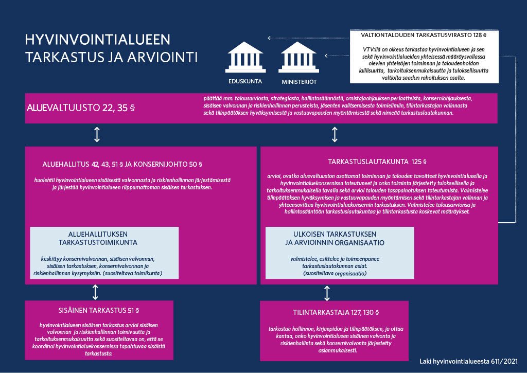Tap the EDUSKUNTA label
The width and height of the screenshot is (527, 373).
point(245,81)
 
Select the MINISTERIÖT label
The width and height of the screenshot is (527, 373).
point(298,82)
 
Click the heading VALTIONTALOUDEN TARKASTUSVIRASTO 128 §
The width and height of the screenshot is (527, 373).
point(424,37)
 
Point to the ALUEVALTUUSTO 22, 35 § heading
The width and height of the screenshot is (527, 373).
point(81,108)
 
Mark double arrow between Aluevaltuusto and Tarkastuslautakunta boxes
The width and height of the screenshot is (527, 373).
point(335,135)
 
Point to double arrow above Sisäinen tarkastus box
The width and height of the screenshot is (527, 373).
point(95,292)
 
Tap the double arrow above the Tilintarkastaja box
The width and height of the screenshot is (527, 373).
point(327,293)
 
